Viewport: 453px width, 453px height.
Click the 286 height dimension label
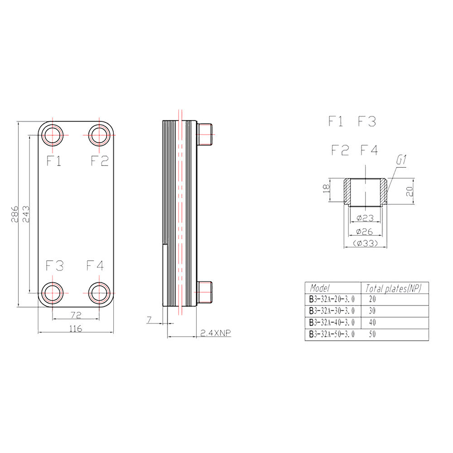tap(14, 214)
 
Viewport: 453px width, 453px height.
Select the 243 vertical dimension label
tap(26, 214)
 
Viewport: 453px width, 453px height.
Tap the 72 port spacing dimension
tap(76, 315)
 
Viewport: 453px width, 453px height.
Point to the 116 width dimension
tap(76, 328)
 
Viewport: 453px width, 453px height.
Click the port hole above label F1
tap(53, 135)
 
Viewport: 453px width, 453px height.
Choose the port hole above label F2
tap(99, 135)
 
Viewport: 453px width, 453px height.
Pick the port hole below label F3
tap(53, 293)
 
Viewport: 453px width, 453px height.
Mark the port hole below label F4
tap(99, 293)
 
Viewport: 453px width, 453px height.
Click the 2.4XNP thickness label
tap(216, 333)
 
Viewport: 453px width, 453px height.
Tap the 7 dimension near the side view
tap(149, 320)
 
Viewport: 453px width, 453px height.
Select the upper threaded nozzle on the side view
tap(205, 135)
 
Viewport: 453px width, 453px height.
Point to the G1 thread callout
tap(401, 160)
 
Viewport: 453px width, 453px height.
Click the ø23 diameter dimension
tap(365, 218)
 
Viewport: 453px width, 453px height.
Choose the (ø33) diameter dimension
tap(366, 243)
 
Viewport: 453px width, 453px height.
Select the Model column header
tap(320, 288)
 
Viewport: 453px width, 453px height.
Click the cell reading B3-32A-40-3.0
tap(332, 323)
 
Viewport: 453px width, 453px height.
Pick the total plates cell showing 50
tap(372, 334)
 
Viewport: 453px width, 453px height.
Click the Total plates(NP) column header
tap(394, 288)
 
